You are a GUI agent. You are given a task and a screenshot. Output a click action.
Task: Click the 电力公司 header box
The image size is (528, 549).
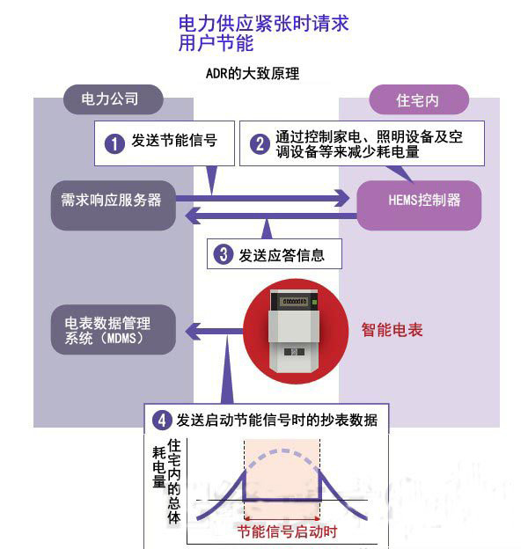(110, 99)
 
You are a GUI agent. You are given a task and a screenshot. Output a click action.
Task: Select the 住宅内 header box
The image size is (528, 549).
(416, 99)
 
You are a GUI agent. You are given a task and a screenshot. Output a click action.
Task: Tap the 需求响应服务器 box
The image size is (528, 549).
(106, 201)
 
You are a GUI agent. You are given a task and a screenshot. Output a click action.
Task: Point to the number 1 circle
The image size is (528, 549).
(114, 142)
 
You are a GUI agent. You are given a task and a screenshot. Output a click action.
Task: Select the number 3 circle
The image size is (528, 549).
(224, 256)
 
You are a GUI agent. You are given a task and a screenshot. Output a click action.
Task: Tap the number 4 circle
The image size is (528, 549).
(161, 420)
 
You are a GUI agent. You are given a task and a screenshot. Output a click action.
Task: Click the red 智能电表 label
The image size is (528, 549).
(392, 331)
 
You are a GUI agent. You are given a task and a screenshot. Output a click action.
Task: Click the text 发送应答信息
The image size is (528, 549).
(282, 256)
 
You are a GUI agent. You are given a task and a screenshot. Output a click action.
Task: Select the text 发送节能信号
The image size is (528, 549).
(174, 141)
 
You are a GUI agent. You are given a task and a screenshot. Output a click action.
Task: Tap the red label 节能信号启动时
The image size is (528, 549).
(287, 532)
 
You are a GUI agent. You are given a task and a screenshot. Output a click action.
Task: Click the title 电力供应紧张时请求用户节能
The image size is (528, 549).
(263, 32)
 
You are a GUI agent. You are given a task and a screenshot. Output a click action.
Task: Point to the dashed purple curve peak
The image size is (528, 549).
(282, 452)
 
